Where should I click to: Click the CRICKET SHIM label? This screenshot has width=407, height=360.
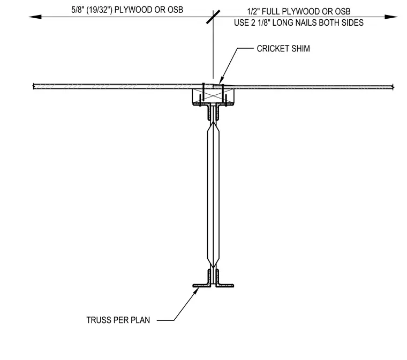[283, 49]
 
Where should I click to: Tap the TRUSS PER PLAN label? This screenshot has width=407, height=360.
[118, 320]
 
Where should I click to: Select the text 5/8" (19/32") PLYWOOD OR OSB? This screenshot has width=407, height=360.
[127, 10]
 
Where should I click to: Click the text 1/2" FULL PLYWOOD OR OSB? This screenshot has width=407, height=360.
[298, 12]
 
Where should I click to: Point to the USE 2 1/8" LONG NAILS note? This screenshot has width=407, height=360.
[298, 23]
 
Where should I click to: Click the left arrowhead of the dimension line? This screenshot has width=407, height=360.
[35, 17]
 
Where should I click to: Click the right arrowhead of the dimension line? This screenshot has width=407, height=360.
[391, 17]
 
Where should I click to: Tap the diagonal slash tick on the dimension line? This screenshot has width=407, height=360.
[213, 17]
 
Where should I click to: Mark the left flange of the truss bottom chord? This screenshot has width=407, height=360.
[201, 286]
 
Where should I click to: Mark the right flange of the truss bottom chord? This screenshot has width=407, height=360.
[225, 286]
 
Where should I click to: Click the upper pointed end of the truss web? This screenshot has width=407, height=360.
[213, 122]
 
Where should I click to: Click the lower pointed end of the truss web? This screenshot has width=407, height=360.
[213, 267]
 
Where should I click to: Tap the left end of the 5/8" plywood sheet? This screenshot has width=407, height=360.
[34, 86]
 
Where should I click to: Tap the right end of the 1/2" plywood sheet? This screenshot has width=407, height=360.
[393, 87]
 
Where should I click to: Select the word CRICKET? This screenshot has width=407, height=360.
[272, 49]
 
